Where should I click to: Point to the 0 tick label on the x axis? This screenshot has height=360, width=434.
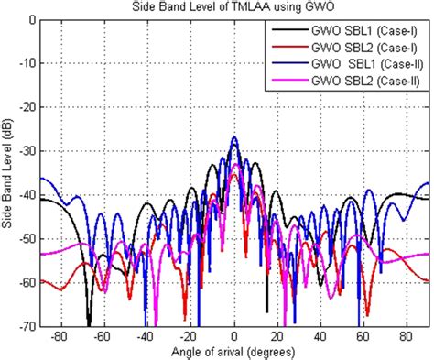(234, 336)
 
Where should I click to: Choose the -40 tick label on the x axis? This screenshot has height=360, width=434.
(146, 336)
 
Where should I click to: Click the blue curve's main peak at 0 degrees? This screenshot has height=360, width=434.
(234, 137)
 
